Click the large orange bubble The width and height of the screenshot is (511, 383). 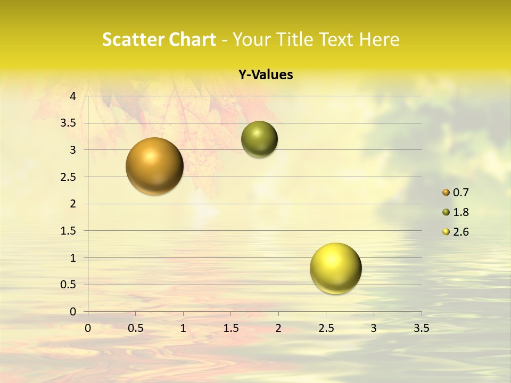(x=155, y=166)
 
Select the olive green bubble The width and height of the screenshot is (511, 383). (x=259, y=139)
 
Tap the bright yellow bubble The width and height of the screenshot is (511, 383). (x=335, y=268)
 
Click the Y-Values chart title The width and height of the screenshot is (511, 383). (x=266, y=75)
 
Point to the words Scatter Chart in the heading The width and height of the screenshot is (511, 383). (x=159, y=39)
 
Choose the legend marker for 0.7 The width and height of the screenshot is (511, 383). (x=446, y=193)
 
